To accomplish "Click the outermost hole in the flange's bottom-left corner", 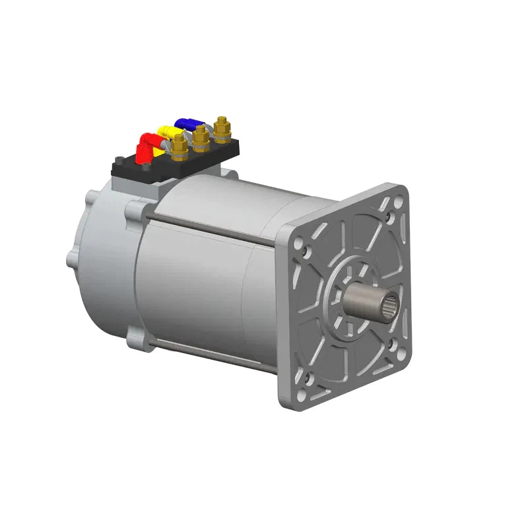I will click(302, 395).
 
